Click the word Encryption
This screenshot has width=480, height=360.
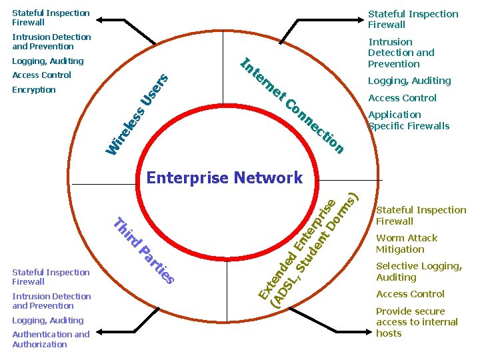(x=34, y=90)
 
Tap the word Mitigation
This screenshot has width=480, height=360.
(x=400, y=249)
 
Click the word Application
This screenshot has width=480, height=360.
(x=395, y=115)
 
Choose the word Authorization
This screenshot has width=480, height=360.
(x=39, y=345)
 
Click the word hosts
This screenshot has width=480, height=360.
(x=389, y=333)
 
